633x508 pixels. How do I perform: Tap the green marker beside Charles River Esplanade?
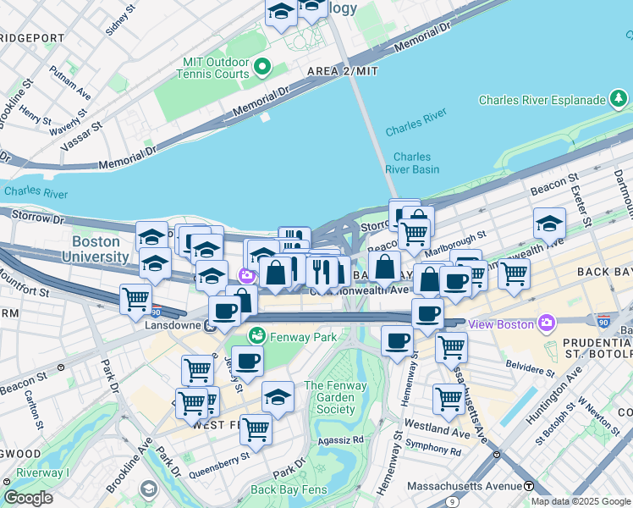619,100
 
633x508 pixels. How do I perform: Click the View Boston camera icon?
547,323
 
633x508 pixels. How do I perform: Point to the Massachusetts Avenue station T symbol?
529,486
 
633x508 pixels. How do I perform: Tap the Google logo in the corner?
28,498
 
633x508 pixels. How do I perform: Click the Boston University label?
101,248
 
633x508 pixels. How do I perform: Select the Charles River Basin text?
412,163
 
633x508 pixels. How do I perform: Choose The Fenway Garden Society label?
335,397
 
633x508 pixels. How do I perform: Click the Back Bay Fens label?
287,489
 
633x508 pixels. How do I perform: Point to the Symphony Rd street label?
434,451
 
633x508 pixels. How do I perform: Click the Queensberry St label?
220,466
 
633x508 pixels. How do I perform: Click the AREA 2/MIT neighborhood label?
342,72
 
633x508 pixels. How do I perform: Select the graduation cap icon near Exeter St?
549,224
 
